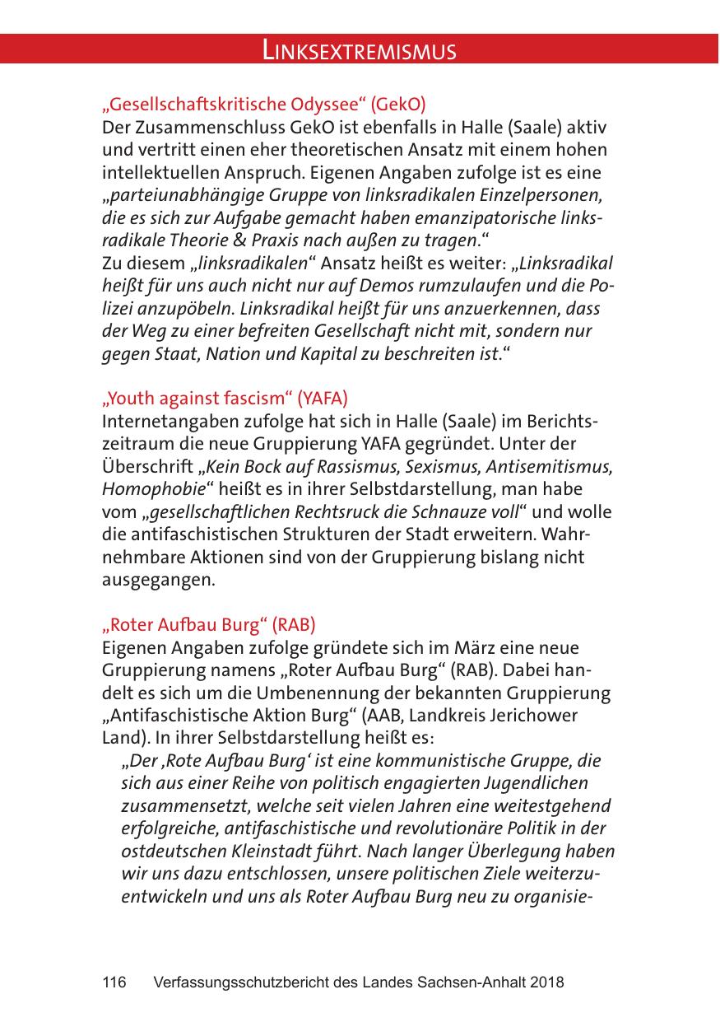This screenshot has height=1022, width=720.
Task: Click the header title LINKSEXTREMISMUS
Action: (x=359, y=51)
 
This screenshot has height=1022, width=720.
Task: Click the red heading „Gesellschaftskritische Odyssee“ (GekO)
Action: (x=263, y=105)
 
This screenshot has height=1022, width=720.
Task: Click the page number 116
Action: (x=114, y=982)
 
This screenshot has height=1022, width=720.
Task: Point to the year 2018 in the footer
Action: (x=547, y=982)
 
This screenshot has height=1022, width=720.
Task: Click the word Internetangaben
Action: (x=164, y=422)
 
